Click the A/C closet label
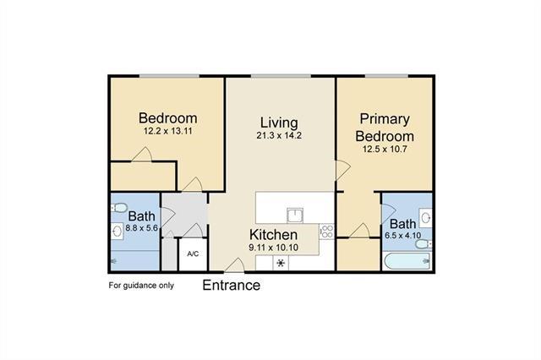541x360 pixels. pyautogui.click(x=193, y=254)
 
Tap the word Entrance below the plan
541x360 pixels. pyautogui.click(x=231, y=285)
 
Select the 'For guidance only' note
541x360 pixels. pyautogui.click(x=141, y=286)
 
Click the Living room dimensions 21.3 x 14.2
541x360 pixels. pyautogui.click(x=279, y=135)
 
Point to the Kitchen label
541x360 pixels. pyautogui.click(x=273, y=234)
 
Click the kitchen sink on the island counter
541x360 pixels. pyautogui.click(x=295, y=215)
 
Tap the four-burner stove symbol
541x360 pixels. pyautogui.click(x=326, y=231)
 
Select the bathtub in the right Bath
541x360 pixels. pyautogui.click(x=407, y=261)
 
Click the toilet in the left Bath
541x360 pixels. pyautogui.click(x=118, y=208)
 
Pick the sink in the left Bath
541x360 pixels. pyautogui.click(x=117, y=230)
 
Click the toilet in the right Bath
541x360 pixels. pyautogui.click(x=424, y=244)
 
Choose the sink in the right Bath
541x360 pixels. pyautogui.click(x=425, y=217)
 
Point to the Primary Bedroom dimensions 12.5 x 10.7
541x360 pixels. pyautogui.click(x=385, y=149)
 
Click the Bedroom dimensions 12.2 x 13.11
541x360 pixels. pyautogui.click(x=168, y=131)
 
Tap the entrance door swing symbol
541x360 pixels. pyautogui.click(x=235, y=265)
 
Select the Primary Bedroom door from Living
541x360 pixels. pyautogui.click(x=343, y=170)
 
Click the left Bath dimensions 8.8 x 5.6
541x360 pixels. pyautogui.click(x=141, y=227)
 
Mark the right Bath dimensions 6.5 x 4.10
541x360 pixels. pyautogui.click(x=402, y=236)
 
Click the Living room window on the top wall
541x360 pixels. pyautogui.click(x=281, y=76)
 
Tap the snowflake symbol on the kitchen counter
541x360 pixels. pyautogui.click(x=281, y=264)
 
